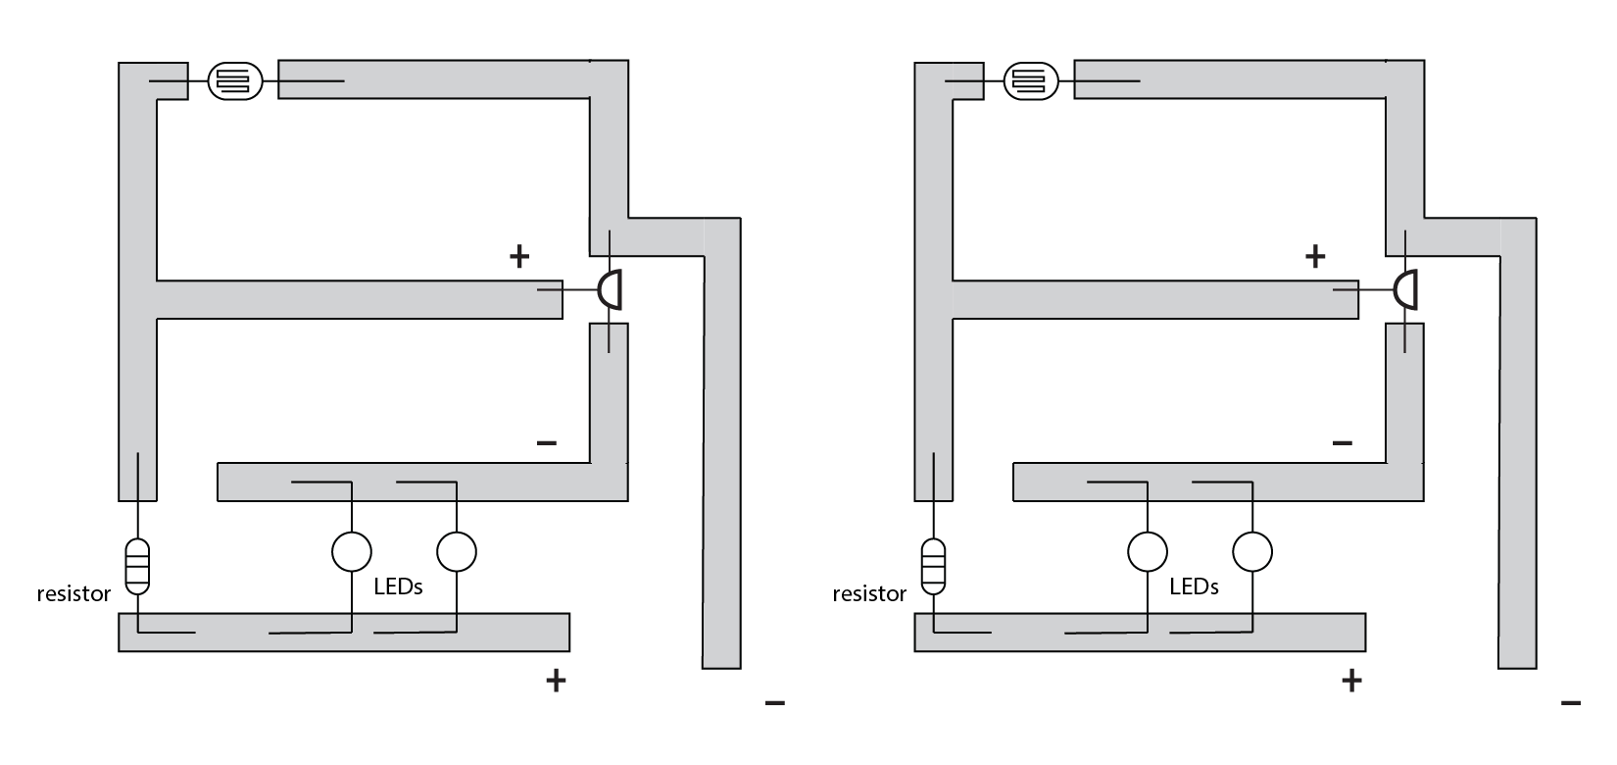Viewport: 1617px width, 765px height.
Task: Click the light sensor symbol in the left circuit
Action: coord(234,80)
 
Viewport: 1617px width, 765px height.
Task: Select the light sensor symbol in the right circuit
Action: coord(1030,80)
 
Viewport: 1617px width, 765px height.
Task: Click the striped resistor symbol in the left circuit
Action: coord(138,567)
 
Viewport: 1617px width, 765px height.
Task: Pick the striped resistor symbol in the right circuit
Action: coord(934,567)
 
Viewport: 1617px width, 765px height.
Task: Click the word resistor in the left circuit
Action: coord(73,593)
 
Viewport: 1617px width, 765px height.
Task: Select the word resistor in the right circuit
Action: coord(869,593)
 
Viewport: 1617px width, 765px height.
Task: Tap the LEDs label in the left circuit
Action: coord(398,586)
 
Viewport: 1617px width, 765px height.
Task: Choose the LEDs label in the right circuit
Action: coord(1194,586)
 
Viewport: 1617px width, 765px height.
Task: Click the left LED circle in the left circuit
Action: coord(351,551)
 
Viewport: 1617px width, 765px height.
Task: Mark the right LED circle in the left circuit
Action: coord(456,551)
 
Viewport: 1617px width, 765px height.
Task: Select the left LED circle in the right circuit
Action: coord(1147,551)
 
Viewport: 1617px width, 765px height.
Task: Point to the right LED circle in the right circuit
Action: coord(1251,551)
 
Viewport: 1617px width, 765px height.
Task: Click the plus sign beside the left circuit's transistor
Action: coord(519,257)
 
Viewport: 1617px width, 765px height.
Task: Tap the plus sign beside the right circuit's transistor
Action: coord(1315,257)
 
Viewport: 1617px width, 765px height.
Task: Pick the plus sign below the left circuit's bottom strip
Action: coord(556,680)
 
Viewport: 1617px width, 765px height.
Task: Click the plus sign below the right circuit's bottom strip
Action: coord(1351,680)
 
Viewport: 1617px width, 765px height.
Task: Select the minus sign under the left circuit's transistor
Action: coord(547,443)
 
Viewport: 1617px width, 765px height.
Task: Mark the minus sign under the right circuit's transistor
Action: coord(1343,443)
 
